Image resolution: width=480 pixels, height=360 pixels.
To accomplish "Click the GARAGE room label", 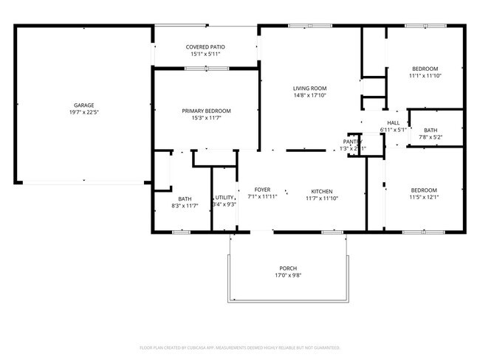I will (83, 105).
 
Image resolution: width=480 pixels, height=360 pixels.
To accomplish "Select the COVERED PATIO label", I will (205, 46).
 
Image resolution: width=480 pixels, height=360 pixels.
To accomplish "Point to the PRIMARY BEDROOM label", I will (206, 111).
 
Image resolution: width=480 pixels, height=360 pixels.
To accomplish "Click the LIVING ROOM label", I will (309, 88).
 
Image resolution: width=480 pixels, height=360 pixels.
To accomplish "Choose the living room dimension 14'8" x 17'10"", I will (309, 95).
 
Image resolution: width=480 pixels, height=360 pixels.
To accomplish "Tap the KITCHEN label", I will (321, 190).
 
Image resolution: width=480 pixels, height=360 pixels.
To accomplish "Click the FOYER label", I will (263, 190).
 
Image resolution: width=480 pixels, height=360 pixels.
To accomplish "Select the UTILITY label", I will (224, 197).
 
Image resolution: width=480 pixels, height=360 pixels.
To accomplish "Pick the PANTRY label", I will (352, 142).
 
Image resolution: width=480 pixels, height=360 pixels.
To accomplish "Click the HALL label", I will (393, 122).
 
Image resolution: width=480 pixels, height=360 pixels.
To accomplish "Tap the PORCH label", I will (287, 268).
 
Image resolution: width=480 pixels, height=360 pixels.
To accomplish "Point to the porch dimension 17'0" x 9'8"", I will (287, 275).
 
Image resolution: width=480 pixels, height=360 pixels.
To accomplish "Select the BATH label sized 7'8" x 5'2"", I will (430, 130).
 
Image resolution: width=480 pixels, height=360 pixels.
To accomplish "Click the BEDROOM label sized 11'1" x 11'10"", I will (425, 68).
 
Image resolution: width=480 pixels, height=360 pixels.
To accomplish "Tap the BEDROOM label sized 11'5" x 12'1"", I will (424, 190).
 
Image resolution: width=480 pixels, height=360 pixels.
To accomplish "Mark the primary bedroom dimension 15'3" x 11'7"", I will (206, 118).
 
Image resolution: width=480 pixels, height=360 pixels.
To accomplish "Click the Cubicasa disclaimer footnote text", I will (239, 347).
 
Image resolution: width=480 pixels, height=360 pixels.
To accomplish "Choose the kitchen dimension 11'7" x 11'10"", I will (321, 198).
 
